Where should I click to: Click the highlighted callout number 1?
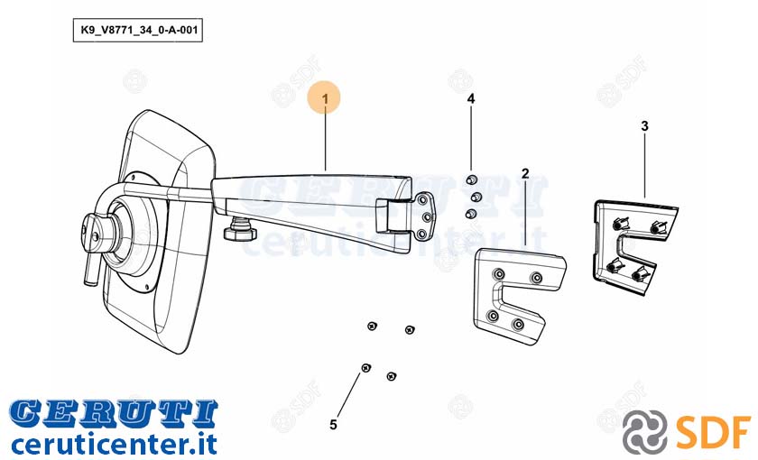325,98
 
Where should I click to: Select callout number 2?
525,173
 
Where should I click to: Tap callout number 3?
644,126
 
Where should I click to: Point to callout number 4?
471,98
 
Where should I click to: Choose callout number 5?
333,425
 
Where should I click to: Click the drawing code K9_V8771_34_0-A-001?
138,30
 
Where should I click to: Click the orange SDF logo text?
714,430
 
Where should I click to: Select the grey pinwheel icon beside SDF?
645,431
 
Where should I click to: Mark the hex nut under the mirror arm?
240,234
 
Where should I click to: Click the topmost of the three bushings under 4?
471,180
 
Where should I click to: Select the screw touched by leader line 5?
366,368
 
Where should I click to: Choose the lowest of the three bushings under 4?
470,214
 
